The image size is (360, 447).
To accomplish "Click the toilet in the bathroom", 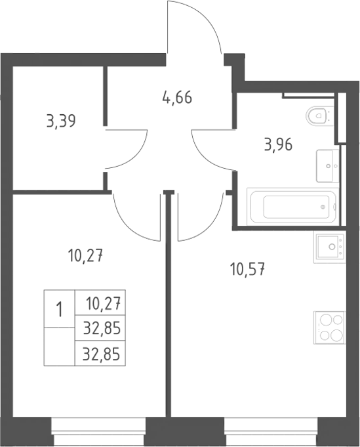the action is (319, 116).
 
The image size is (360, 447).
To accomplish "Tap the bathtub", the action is (292, 206).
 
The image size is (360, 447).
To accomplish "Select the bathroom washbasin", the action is (327, 165).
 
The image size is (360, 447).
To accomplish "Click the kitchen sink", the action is (330, 247).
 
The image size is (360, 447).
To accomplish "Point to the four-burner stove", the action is (330, 328).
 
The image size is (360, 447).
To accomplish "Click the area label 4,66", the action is (177, 98).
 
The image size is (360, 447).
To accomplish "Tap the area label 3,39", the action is (61, 121).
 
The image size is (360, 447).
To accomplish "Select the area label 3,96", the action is (278, 144).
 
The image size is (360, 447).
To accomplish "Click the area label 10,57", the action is (247, 269).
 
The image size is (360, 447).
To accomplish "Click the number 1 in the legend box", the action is (59, 309).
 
